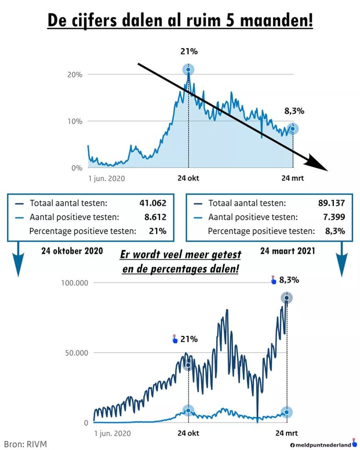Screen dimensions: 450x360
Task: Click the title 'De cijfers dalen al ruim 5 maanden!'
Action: (180, 21)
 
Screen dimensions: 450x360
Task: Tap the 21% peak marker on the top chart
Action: (189, 70)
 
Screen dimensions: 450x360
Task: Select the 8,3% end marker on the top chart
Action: (292, 128)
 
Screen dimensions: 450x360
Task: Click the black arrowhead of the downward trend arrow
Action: (319, 165)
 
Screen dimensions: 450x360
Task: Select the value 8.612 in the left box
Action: (155, 217)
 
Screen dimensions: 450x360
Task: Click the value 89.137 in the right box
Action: (331, 203)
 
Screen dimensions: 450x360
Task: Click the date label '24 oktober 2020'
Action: (72, 251)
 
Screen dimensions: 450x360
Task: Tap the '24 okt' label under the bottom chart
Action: (188, 433)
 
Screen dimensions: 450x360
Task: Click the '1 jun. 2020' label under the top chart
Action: (106, 178)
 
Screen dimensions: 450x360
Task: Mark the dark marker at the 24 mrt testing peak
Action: (287, 298)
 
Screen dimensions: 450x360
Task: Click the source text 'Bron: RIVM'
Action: (25, 444)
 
